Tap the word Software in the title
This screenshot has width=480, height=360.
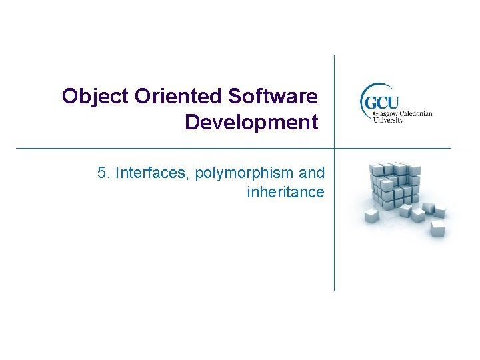coord(273,97)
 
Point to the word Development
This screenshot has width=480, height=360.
coord(251,123)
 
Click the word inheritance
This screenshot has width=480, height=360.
coord(285,193)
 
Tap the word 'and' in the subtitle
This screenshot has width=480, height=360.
coord(312,173)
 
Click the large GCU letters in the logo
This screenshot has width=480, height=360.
coord(381,103)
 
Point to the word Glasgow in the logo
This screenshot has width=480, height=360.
coord(380,113)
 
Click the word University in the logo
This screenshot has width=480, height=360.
coord(388,120)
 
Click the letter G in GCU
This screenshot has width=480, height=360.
coord(370,103)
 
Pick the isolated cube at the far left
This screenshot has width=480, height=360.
coord(371,215)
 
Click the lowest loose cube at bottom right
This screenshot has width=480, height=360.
coord(437,229)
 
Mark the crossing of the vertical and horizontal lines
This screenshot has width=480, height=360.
coord(334,148)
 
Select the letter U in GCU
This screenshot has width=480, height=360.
coord(393,103)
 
